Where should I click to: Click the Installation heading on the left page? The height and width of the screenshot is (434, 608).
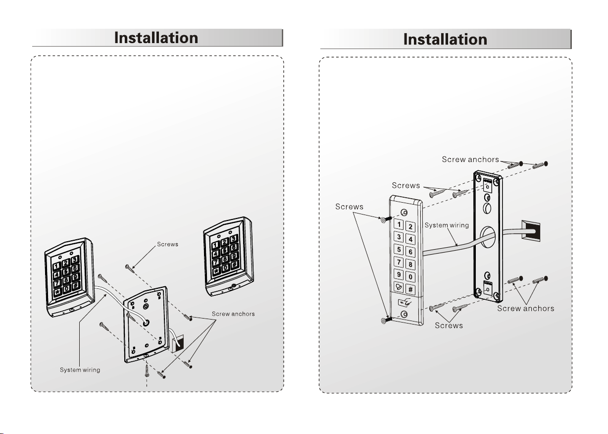156,38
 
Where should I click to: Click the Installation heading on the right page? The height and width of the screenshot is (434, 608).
445,40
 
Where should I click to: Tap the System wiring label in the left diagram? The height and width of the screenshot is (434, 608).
80,371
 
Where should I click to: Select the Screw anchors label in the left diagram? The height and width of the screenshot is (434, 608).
233,314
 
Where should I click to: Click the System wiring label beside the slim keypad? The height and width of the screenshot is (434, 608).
447,225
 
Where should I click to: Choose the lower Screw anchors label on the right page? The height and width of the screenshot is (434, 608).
525,308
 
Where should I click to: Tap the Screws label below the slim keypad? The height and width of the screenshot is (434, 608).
449,325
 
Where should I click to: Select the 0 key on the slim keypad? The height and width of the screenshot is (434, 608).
411,277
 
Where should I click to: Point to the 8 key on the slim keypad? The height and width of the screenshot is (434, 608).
411,265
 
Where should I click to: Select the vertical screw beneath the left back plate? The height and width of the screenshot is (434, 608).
147,369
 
